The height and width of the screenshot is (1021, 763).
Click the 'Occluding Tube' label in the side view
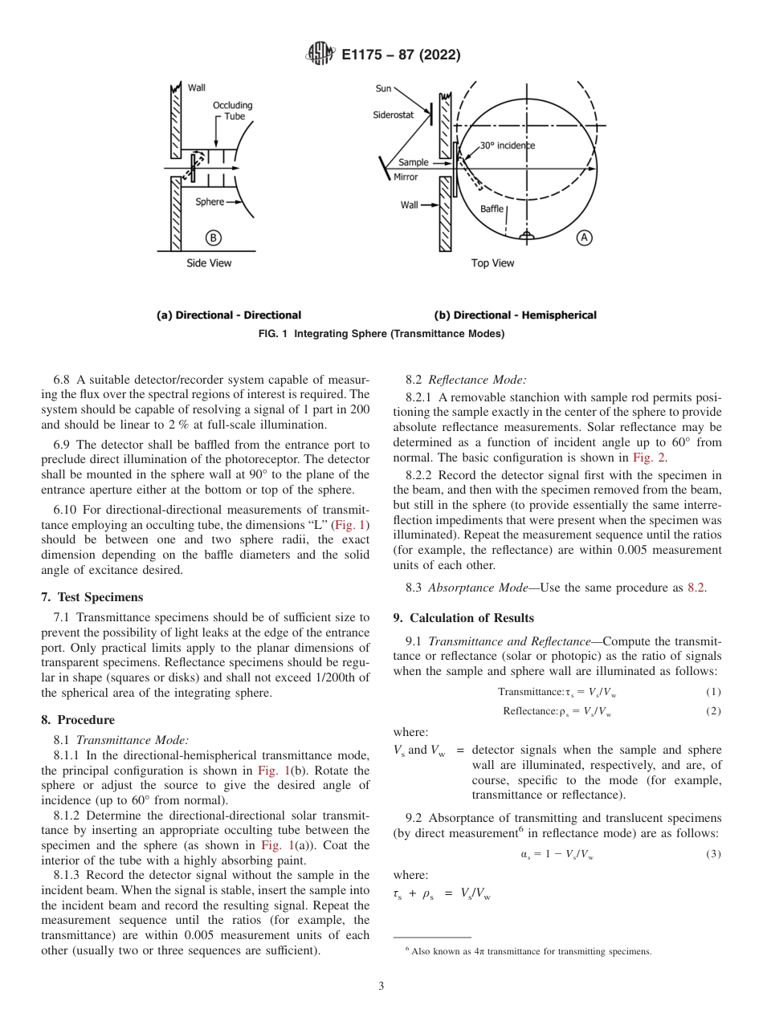(232, 111)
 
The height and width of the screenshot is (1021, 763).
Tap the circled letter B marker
(213, 238)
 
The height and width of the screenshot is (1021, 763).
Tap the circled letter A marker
(584, 238)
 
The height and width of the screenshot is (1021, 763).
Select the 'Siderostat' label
(394, 115)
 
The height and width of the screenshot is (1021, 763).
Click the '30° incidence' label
(508, 145)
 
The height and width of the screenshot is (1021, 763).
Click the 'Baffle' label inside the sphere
(492, 209)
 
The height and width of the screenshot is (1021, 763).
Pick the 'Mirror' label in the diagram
(406, 177)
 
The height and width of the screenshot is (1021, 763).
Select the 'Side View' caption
(208, 263)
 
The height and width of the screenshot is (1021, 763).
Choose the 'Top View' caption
(492, 263)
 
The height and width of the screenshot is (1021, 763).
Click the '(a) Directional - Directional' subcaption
(228, 315)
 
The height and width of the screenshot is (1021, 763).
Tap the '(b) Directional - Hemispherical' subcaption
(515, 315)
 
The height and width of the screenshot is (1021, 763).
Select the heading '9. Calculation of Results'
(463, 617)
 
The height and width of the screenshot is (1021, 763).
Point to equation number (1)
(713, 692)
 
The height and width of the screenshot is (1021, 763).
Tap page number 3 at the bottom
(381, 986)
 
